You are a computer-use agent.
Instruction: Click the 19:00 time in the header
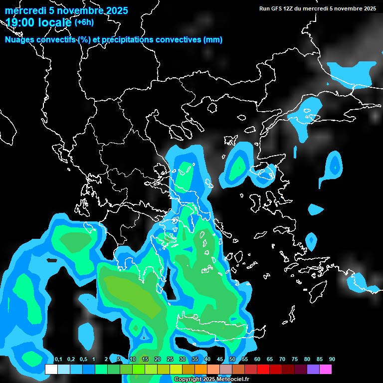click(19, 22)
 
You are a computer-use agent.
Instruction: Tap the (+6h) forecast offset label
click(84, 22)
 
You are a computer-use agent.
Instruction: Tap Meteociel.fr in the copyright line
click(232, 380)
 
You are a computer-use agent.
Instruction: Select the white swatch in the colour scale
click(51, 370)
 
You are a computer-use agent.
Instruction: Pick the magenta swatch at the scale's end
click(326, 370)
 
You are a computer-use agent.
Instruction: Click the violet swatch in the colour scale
click(313, 370)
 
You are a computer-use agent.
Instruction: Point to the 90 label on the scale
click(332, 360)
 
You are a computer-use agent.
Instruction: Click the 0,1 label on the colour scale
click(58, 360)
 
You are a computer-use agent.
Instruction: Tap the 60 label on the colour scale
click(257, 360)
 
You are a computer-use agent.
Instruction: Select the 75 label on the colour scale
click(294, 360)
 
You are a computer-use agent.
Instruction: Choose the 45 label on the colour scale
click(219, 360)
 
